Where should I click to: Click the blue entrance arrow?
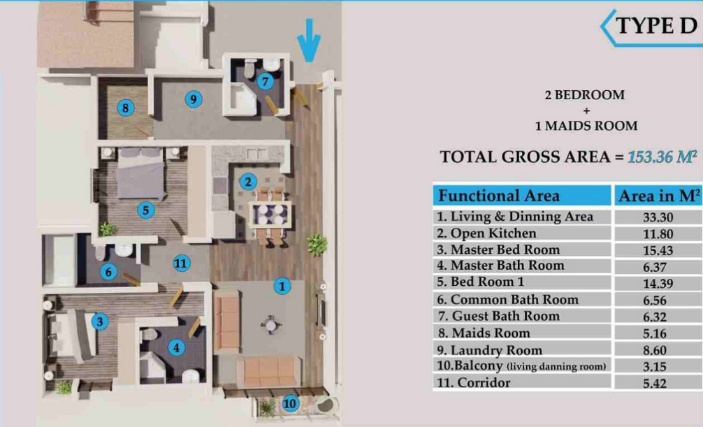pyautogui.click(x=309, y=41)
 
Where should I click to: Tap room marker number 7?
pyautogui.click(x=266, y=82)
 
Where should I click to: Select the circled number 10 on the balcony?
pyautogui.click(x=290, y=403)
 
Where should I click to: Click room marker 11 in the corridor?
pyautogui.click(x=181, y=263)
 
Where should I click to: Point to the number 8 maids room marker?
pyautogui.click(x=126, y=108)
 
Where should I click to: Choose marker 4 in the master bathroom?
pyautogui.click(x=176, y=347)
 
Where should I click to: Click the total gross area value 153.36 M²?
pyautogui.click(x=662, y=157)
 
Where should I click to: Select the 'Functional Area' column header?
pyautogui.click(x=498, y=196)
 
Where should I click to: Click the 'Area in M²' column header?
pyautogui.click(x=659, y=196)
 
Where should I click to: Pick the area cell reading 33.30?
pyautogui.click(x=658, y=217)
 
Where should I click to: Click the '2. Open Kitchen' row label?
pyautogui.click(x=486, y=233)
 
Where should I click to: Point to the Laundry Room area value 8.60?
pyautogui.click(x=655, y=350)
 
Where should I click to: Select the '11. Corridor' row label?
pyautogui.click(x=474, y=382)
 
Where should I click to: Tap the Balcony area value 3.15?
pyautogui.click(x=655, y=367)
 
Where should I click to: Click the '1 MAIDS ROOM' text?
pyautogui.click(x=586, y=126)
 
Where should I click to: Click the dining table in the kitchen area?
pyautogui.click(x=270, y=215)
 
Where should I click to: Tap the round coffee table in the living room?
pyautogui.click(x=271, y=324)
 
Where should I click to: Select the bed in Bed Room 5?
pyautogui.click(x=140, y=174)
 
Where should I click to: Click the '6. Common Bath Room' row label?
pyautogui.click(x=507, y=300)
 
